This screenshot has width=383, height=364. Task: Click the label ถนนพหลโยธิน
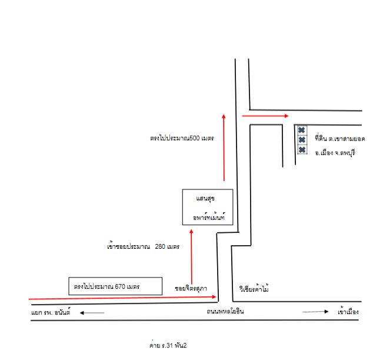(x=225, y=312)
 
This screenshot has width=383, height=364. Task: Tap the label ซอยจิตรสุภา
(x=191, y=289)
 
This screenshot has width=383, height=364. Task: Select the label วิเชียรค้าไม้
(x=254, y=288)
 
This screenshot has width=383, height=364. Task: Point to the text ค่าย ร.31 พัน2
(x=168, y=345)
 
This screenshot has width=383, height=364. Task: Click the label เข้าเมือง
(x=348, y=312)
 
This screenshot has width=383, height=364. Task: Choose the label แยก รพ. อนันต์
(x=51, y=312)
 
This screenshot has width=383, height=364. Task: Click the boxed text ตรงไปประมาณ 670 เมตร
(x=106, y=286)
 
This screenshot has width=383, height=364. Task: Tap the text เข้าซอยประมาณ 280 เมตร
(x=144, y=246)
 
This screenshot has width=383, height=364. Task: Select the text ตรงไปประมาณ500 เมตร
(x=182, y=138)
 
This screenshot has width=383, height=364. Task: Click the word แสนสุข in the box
(x=205, y=199)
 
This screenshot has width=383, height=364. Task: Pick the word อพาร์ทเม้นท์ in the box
(x=209, y=217)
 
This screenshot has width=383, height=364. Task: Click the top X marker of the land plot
(x=302, y=130)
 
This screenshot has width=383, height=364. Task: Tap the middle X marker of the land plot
(x=302, y=139)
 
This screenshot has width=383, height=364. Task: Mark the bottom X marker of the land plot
(x=302, y=149)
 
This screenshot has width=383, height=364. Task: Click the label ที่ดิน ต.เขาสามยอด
(x=340, y=138)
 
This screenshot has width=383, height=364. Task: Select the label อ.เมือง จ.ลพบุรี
(x=335, y=153)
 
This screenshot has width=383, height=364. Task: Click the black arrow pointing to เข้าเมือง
(x=315, y=312)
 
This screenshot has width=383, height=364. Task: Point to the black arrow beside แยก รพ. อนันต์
(x=92, y=313)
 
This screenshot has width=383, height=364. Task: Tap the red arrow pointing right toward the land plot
(x=265, y=116)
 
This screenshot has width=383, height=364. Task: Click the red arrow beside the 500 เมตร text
(x=224, y=148)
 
